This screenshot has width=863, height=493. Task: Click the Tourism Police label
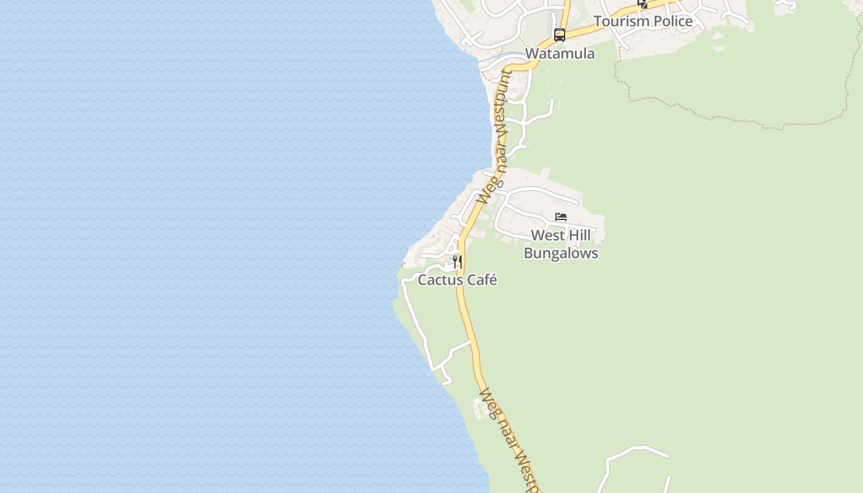[x=643, y=22]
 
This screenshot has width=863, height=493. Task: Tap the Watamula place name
[x=560, y=54]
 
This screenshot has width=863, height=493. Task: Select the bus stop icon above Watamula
[x=560, y=35]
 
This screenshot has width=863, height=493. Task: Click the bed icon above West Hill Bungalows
[x=561, y=217]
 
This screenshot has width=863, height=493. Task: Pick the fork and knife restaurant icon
[x=457, y=262]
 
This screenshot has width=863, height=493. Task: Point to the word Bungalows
[x=561, y=253]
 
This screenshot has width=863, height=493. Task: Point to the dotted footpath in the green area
[x=727, y=116]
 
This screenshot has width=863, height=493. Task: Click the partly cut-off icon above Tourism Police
[x=642, y=4]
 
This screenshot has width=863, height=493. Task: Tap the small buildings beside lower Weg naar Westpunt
[x=478, y=409]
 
